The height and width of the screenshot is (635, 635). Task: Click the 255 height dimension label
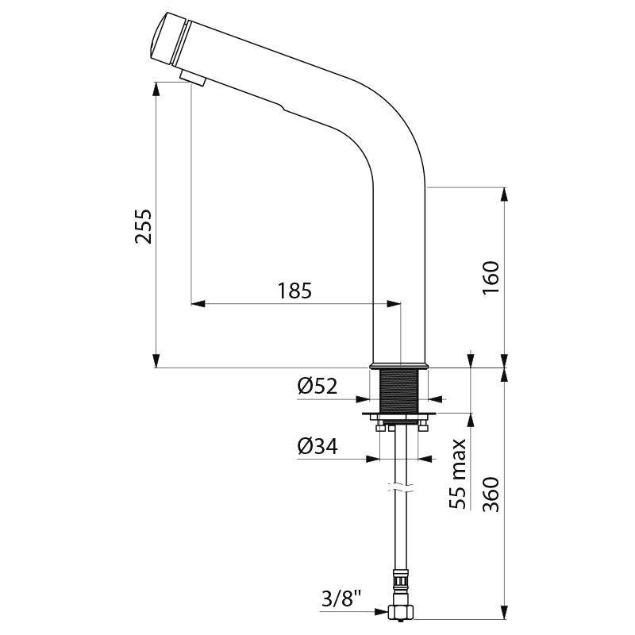coord(144,227)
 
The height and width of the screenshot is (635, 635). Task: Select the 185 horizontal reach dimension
coord(294,291)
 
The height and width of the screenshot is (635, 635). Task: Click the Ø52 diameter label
coord(317,387)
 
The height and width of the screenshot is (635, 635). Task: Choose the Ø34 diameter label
coord(317,447)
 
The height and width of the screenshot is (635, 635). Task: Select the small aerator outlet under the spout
coord(192,77)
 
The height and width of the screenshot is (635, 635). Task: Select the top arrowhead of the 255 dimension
coord(156,89)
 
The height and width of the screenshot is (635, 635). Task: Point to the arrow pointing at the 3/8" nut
coord(385,612)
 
